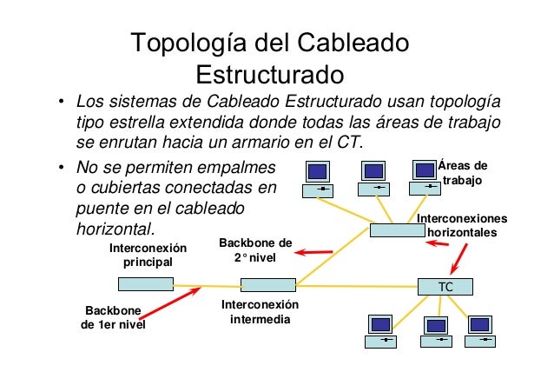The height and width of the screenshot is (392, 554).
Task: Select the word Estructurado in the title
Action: [x=270, y=71]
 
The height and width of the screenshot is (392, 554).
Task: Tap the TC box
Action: [x=446, y=286]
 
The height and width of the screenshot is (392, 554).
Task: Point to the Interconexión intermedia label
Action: [x=260, y=312]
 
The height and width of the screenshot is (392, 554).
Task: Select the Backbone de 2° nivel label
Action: [x=255, y=251]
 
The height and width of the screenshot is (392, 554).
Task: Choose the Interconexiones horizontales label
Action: [x=463, y=226]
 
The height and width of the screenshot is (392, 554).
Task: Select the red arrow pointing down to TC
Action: [x=458, y=257]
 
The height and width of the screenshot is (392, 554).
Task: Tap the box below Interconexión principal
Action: [x=145, y=284]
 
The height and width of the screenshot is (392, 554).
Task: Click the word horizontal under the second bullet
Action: [x=114, y=229]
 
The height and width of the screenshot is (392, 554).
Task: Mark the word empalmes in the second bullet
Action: [x=232, y=166]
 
